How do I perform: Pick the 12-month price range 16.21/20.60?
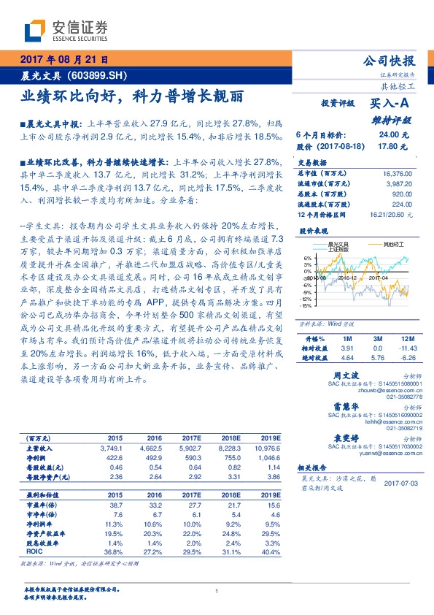click(396, 214)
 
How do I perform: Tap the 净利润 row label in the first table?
click(37, 457)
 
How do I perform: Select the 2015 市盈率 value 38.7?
click(115, 484)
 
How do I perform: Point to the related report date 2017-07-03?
click(400, 484)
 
